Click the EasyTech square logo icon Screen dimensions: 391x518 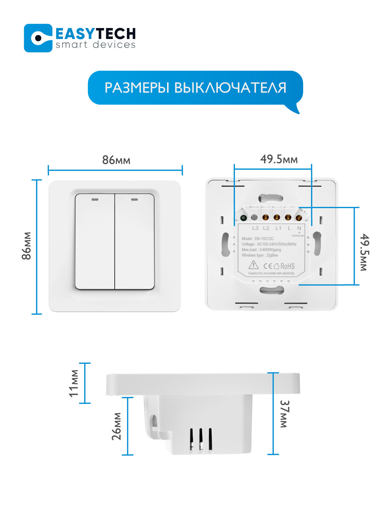click(x=38, y=38)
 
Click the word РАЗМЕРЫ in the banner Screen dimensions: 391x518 click(x=137, y=88)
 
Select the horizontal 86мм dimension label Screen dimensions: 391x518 click(x=116, y=160)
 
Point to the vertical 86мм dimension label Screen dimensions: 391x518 click(x=27, y=246)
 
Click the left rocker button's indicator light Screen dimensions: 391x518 click(x=95, y=200)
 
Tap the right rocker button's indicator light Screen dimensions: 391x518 click(x=134, y=200)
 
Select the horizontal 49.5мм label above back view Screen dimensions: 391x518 click(x=279, y=159)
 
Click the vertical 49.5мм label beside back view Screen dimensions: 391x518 click(x=364, y=252)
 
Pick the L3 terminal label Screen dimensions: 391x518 click(x=255, y=228)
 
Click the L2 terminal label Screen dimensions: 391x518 click(x=266, y=228)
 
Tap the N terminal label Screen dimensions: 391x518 click(x=299, y=228)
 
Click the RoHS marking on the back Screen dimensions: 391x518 click(x=287, y=266)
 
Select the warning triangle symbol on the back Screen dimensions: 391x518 click(x=253, y=265)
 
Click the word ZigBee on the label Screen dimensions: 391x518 click(x=272, y=255)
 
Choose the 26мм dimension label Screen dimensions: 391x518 click(x=117, y=426)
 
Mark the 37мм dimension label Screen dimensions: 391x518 click(x=284, y=414)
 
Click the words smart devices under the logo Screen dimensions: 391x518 click(x=95, y=45)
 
